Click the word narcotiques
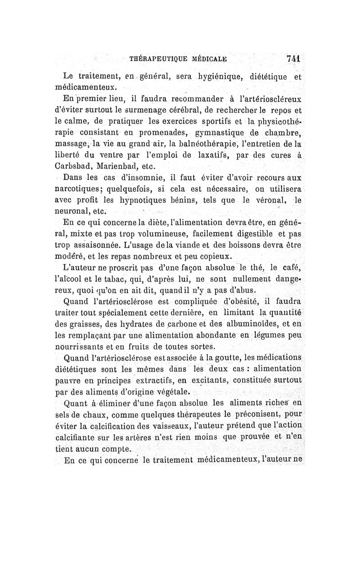coord(85,186)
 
